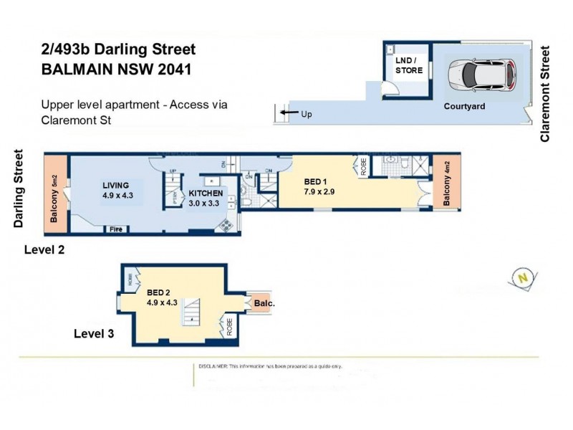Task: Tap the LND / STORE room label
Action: [x=409, y=66]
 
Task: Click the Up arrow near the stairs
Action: [x=288, y=113]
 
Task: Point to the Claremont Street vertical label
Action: [x=546, y=93]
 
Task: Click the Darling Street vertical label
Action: [x=19, y=188]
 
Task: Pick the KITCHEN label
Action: [x=206, y=193]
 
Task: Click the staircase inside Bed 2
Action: [x=191, y=312]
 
